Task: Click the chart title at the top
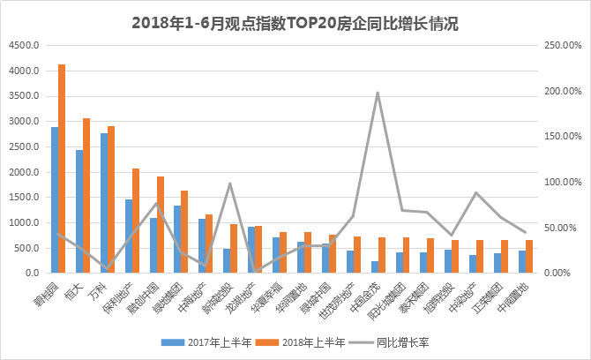(x=295, y=24)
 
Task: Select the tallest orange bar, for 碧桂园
(x=62, y=168)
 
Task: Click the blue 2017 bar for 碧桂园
(x=54, y=199)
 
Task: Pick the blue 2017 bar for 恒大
(x=79, y=211)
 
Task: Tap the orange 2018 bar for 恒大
(x=86, y=195)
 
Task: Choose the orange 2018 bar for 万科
(x=111, y=199)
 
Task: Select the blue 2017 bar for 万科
(x=103, y=203)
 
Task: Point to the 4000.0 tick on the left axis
(x=25, y=71)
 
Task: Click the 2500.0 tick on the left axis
(x=25, y=146)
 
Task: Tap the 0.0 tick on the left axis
(x=32, y=274)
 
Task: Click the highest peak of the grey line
(x=378, y=92)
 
